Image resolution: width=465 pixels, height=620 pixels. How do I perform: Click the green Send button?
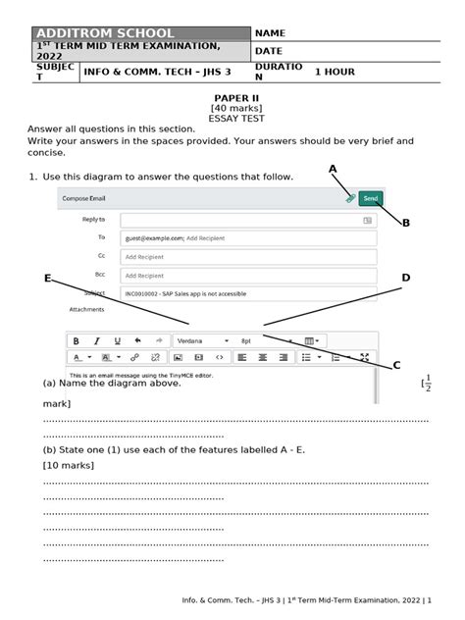370,198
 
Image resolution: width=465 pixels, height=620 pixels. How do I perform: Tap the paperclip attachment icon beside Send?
350,198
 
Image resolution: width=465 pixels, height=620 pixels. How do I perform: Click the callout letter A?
333,170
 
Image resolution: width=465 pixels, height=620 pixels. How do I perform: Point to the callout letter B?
406,223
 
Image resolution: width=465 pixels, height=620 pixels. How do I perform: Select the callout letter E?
47,279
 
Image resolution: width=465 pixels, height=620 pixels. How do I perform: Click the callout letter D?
405,279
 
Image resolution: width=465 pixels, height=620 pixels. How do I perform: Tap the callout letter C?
397,365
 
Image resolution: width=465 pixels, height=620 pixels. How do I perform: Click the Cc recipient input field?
247,256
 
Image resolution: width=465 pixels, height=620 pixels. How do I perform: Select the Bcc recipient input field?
247,275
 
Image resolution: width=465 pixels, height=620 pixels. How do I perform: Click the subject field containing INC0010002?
247,293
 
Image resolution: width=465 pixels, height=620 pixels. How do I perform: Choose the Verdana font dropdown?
201,340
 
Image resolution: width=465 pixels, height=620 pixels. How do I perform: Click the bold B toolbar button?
76,340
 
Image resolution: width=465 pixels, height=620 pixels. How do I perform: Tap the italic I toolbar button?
97,340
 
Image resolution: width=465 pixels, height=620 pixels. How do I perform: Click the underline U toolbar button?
117,340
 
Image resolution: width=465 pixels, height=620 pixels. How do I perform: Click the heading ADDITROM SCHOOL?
105,33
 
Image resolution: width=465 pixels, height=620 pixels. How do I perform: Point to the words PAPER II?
232,99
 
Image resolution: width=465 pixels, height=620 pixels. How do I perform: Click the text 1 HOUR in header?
335,73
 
